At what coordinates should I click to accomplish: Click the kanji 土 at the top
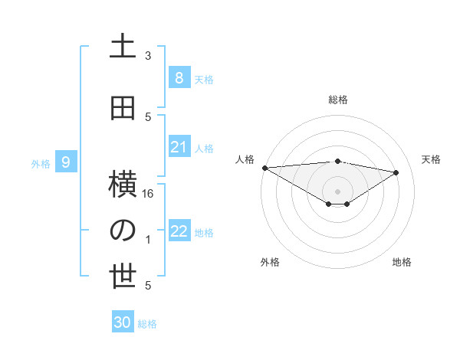point(123,45)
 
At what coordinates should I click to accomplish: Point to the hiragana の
point(123,230)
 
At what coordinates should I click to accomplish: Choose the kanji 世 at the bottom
point(123,277)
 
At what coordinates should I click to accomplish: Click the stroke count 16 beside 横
point(149,194)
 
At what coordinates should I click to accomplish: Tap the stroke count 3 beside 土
point(148,55)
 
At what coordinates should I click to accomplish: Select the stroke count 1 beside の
point(148,240)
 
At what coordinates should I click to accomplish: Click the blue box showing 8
point(179,77)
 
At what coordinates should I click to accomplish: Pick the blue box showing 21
point(179,147)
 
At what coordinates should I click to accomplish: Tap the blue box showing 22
point(179,231)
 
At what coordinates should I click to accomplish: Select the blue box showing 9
point(66,162)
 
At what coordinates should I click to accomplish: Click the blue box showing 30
point(123,322)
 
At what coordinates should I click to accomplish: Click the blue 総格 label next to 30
point(147,324)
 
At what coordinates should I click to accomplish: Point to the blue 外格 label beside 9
point(40,163)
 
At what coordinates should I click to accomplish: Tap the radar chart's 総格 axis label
point(337,100)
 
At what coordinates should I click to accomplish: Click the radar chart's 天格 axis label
point(431,159)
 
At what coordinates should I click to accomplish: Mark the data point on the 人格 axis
point(264,168)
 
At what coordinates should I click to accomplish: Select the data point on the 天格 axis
point(396,172)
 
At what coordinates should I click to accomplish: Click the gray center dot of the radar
point(337,190)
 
